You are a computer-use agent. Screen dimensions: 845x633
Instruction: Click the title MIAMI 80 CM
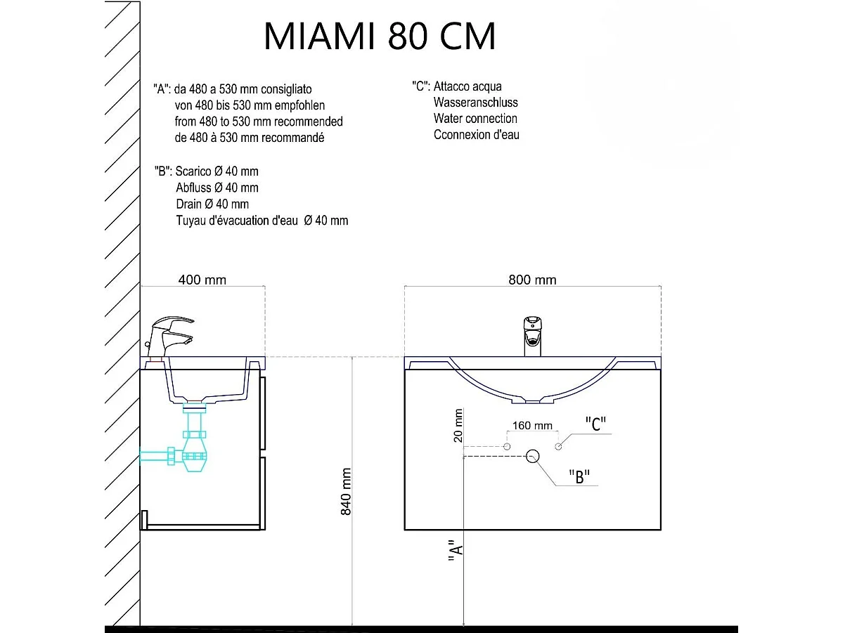coord(380,36)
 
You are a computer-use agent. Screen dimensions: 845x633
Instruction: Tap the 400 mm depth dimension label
coord(202,280)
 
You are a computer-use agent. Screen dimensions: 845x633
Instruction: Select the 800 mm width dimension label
coord(532,280)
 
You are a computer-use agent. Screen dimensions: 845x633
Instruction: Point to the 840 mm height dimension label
coord(346,492)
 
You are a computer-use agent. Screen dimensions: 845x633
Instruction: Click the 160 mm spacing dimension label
coord(532,425)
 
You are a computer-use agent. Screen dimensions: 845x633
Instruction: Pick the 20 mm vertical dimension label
coord(458,425)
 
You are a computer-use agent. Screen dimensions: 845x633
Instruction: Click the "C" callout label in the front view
coord(595,424)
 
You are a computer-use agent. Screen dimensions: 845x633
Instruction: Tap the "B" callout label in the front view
coord(579,476)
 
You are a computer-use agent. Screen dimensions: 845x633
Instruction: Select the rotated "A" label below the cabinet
coord(456,554)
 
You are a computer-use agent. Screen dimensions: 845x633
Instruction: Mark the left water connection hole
coord(507,447)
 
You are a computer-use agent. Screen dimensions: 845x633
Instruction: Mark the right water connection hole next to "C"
coord(558,447)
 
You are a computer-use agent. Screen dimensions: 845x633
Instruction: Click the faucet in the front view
coord(532,336)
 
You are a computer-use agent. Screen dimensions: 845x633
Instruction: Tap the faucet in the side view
coord(169,337)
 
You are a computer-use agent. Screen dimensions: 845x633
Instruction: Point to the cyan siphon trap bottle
coord(195,457)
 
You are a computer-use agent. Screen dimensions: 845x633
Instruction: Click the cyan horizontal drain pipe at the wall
coord(154,456)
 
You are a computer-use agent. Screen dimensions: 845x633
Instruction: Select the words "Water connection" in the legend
coord(475,119)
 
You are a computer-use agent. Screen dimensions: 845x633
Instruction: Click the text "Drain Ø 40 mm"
coord(212,204)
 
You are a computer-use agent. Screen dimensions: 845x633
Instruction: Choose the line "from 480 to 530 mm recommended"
coord(259,122)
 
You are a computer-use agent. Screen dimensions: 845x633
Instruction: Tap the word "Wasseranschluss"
coord(475,103)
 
